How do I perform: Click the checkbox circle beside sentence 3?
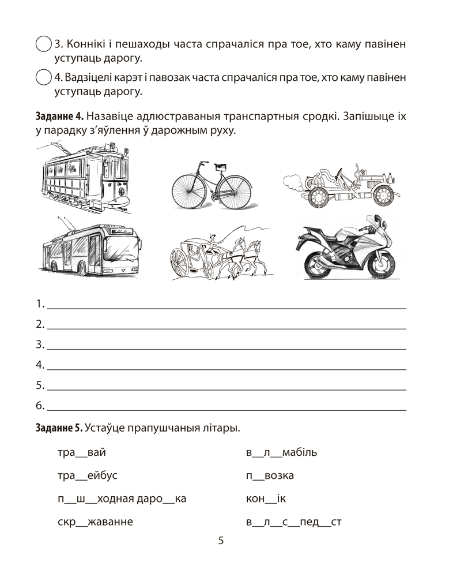tap(43, 44)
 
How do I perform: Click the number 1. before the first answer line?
tap(40, 304)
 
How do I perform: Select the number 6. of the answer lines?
tap(40, 406)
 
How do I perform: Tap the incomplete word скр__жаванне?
tap(95, 522)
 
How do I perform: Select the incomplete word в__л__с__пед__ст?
tap(294, 522)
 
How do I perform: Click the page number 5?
tap(221, 541)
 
